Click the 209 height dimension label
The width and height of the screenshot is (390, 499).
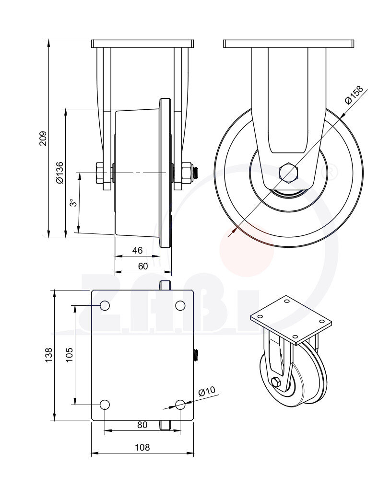43,139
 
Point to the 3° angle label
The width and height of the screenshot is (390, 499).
72,203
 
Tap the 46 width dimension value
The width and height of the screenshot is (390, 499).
137,250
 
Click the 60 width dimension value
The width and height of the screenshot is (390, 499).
143,266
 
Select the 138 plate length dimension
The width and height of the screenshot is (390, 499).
48,355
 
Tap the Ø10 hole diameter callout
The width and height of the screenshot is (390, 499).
207,391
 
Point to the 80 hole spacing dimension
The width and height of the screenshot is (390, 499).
142,425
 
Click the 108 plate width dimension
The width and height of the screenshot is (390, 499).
142,447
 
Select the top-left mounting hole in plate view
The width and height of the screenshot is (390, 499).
105,306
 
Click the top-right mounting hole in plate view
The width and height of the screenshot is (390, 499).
180,306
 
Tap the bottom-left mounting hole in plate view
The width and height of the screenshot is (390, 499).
105,405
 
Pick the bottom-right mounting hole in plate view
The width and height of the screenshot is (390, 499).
180,405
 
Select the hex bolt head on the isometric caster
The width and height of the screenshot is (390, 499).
276,382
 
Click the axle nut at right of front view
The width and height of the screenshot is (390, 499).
186,173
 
